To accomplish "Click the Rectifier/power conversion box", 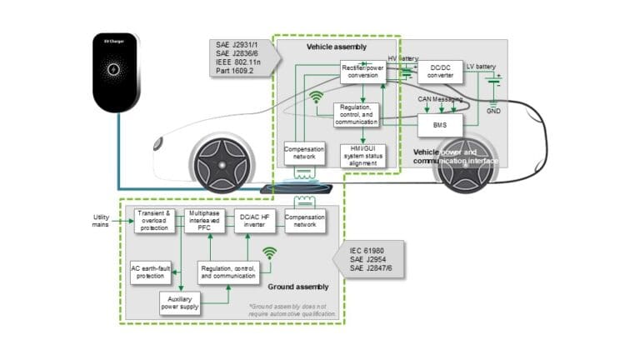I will point(362,72).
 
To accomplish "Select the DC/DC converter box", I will point(441,72).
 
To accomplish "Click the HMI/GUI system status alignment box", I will point(362,155).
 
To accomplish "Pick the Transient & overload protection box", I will point(156,221).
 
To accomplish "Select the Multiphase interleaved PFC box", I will point(205,221).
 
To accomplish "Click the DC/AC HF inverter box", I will point(252,221).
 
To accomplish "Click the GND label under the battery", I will point(494,109).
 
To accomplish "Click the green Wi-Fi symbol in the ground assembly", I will point(269,252).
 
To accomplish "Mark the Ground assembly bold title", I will point(298,287).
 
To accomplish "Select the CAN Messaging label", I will point(439,99).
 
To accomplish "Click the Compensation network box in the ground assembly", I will point(304,221).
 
